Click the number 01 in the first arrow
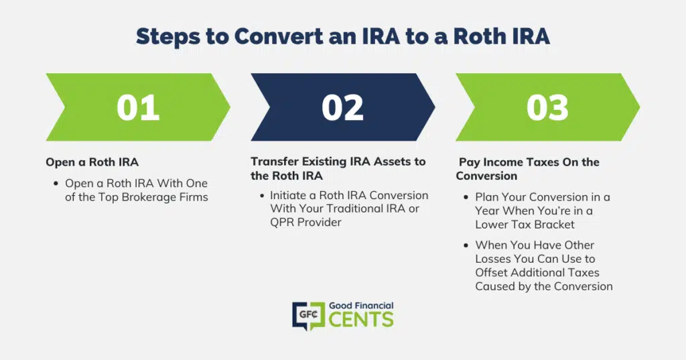[138, 108]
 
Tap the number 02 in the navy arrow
[342, 108]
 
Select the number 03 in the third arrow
[547, 108]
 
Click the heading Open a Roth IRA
[92, 162]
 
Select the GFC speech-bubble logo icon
[308, 315]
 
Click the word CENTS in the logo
[361, 320]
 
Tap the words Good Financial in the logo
[361, 306]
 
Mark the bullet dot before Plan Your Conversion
[466, 198]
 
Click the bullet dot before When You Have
[466, 245]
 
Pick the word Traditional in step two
[369, 209]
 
